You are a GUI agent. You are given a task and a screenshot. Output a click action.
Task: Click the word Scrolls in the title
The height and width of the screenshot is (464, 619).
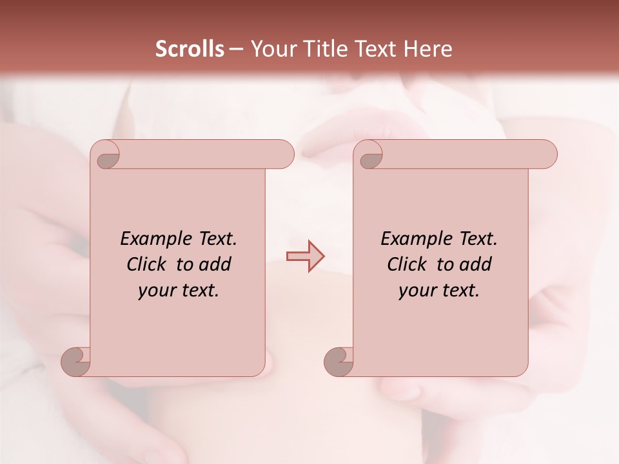(190, 49)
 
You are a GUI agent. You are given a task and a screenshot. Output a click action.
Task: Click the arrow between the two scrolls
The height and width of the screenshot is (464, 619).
(305, 256)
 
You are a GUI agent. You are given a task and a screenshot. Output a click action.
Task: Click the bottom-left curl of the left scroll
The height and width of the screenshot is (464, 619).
(77, 361)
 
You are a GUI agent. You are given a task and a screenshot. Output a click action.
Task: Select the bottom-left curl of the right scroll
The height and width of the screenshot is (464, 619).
(339, 361)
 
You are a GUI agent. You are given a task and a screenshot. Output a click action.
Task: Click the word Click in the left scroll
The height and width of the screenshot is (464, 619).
(141, 264)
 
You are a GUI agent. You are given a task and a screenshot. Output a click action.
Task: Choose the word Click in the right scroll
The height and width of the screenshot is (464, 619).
(401, 264)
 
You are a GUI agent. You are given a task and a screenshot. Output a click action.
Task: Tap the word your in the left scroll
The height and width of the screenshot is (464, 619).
(153, 291)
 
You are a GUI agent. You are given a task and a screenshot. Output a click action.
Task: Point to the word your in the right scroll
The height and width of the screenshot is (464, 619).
(413, 291)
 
